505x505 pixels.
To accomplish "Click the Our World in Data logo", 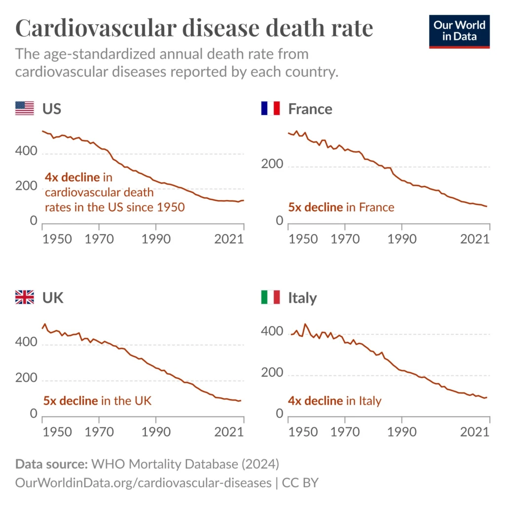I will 459,31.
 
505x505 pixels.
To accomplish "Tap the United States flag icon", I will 25,108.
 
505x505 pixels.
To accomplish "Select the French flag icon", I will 270,108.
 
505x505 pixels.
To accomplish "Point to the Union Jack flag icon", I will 25,297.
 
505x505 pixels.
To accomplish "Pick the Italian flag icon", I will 270,297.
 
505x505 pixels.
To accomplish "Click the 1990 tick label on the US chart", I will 156,240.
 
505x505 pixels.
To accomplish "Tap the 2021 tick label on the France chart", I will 474,240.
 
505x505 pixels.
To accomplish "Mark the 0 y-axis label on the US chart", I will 34,220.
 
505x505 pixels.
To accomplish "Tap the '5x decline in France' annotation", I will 341,207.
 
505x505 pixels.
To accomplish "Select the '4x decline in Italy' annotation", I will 335,401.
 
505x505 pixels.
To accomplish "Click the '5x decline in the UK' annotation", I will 98,400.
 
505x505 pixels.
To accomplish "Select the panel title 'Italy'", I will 302,298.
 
